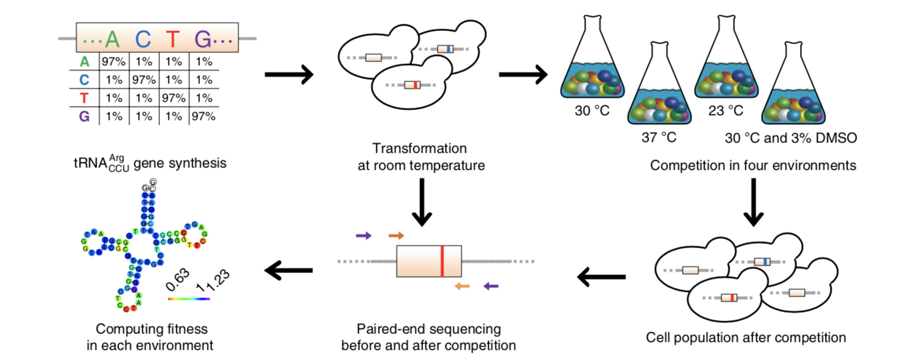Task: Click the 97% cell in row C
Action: (143, 79)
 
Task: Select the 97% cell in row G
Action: (203, 116)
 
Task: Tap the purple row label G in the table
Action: (84, 116)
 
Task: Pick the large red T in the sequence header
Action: (173, 40)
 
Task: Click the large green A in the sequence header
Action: (112, 40)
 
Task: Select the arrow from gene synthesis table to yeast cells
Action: (289, 75)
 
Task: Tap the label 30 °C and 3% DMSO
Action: (790, 138)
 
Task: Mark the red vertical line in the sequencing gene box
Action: (442, 261)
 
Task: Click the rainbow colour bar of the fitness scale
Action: (189, 299)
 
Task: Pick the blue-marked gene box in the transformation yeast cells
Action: (446, 49)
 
